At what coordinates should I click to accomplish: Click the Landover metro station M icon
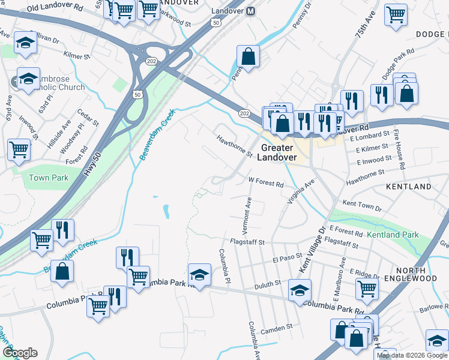[251, 11]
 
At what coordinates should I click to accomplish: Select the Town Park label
[49, 178]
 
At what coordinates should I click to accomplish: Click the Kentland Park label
[393, 235]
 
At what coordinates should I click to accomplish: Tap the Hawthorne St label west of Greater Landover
[235, 146]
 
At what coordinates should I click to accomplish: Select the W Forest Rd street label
[266, 182]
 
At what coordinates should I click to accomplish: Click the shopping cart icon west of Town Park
[19, 150]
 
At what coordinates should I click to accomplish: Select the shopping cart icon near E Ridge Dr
[367, 288]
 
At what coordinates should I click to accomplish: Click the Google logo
[20, 353]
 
